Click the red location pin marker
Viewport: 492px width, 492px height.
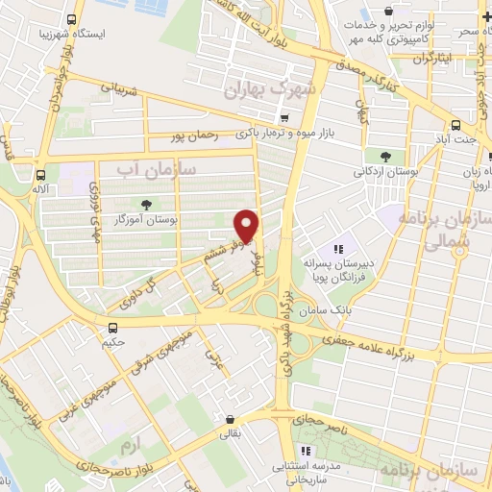click(x=247, y=226)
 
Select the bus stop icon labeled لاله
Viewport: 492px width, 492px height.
click(x=39, y=175)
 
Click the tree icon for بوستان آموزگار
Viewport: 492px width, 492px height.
click(x=146, y=205)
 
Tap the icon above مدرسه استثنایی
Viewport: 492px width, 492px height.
click(x=306, y=450)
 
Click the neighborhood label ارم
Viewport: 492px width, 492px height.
click(x=129, y=446)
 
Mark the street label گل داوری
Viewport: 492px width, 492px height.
click(x=134, y=293)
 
